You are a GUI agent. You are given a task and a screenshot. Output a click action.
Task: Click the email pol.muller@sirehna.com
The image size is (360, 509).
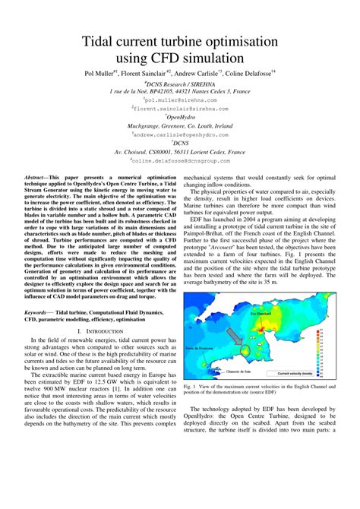pos(179,100)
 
